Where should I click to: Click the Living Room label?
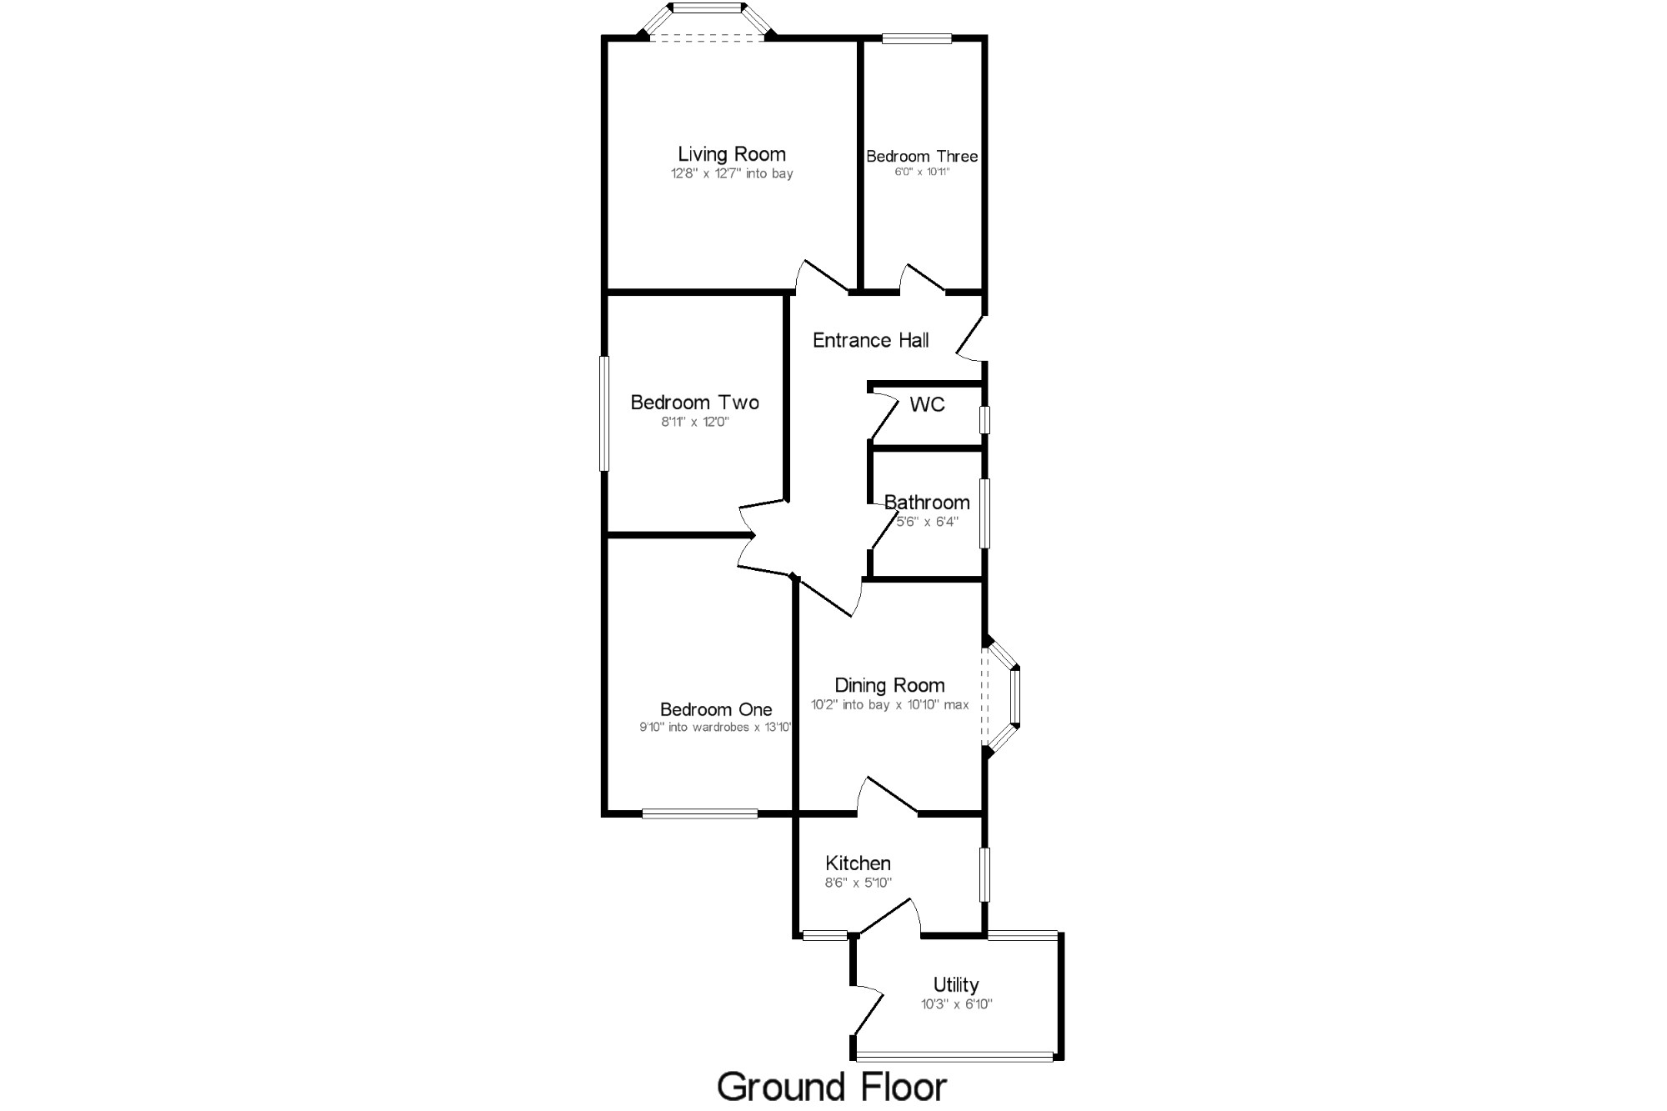pyautogui.click(x=731, y=154)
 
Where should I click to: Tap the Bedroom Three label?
pyautogui.click(x=922, y=156)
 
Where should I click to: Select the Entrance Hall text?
pyautogui.click(x=870, y=340)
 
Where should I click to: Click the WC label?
pyautogui.click(x=927, y=405)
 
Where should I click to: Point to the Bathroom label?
pyautogui.click(x=927, y=503)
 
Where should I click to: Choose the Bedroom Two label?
pyautogui.click(x=694, y=403)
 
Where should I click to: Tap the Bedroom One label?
pyautogui.click(x=716, y=709)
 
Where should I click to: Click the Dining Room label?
pyautogui.click(x=889, y=685)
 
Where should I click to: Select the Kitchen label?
pyautogui.click(x=858, y=863)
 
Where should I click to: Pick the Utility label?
pyautogui.click(x=955, y=984)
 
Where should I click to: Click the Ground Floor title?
pyautogui.click(x=832, y=1087)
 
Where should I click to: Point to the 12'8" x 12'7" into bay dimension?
pyautogui.click(x=732, y=174)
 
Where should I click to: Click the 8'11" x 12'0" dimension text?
pyautogui.click(x=695, y=423)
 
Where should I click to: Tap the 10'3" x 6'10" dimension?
pyautogui.click(x=956, y=1004)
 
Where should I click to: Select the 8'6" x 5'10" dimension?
pyautogui.click(x=859, y=883)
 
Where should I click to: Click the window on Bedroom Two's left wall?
pyautogui.click(x=604, y=413)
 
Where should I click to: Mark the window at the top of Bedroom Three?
pyautogui.click(x=917, y=38)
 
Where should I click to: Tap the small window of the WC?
pyautogui.click(x=984, y=419)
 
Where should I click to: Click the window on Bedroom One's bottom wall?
pyautogui.click(x=699, y=813)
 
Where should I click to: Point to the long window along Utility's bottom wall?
pyautogui.click(x=955, y=1057)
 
